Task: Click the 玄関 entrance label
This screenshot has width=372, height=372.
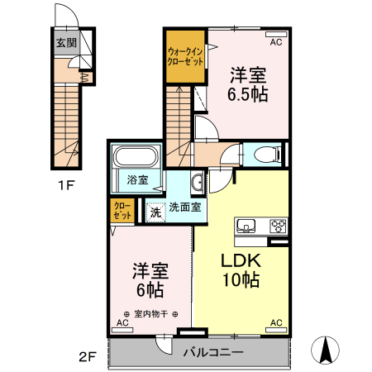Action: coord(66,43)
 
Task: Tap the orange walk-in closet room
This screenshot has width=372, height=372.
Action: coord(185,56)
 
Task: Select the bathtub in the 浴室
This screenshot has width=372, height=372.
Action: coord(136,156)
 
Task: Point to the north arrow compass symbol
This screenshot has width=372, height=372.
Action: coord(326,350)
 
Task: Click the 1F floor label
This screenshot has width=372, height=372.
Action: coord(66,185)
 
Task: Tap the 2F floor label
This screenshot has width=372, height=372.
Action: coord(88,357)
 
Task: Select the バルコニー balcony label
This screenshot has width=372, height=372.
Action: coord(213,352)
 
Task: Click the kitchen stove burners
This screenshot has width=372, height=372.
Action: coord(279,227)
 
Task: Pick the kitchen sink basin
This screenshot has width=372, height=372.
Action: coord(246,226)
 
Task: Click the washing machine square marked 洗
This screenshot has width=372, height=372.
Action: coord(156,212)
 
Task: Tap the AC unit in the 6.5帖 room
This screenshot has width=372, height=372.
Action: coord(276,35)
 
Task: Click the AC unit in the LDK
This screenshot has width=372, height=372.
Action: coord(276,330)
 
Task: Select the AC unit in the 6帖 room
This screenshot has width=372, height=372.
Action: coord(122,330)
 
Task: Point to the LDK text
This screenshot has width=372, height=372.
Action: coord(241,260)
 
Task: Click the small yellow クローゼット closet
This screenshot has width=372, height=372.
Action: coord(122,210)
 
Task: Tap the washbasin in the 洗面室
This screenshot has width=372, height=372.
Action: coord(197,182)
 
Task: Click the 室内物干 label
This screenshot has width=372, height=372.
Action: coord(150,314)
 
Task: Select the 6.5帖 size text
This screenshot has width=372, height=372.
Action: coord(248,94)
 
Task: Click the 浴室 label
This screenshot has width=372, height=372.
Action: coord(138,179)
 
